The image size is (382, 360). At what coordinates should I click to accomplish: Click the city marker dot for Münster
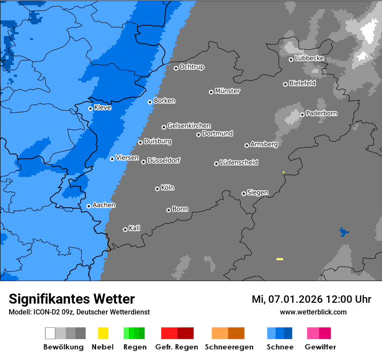211,92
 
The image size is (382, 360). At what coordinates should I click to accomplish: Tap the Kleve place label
102,108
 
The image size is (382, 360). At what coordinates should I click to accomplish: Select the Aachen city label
104,205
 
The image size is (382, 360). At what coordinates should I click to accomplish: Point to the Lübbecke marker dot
291,59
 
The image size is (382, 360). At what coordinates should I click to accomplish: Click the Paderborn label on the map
321,114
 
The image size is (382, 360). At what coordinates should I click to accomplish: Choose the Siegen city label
257,193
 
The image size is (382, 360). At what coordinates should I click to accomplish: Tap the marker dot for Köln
157,189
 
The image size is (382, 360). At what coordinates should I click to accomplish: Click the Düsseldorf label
164,161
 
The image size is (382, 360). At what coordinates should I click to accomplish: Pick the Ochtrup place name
191,67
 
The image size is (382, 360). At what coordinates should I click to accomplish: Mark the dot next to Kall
125,229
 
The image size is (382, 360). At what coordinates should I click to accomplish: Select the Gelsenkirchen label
189,126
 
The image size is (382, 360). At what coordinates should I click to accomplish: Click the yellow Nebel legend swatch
103,333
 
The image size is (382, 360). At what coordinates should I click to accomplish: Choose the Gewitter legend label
320,347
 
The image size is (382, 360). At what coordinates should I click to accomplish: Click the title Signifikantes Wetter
72,299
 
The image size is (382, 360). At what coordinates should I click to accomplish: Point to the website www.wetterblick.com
313,312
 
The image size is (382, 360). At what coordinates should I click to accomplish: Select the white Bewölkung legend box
50,333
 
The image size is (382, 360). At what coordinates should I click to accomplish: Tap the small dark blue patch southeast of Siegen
344,232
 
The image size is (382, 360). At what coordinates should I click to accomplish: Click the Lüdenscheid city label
239,163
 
